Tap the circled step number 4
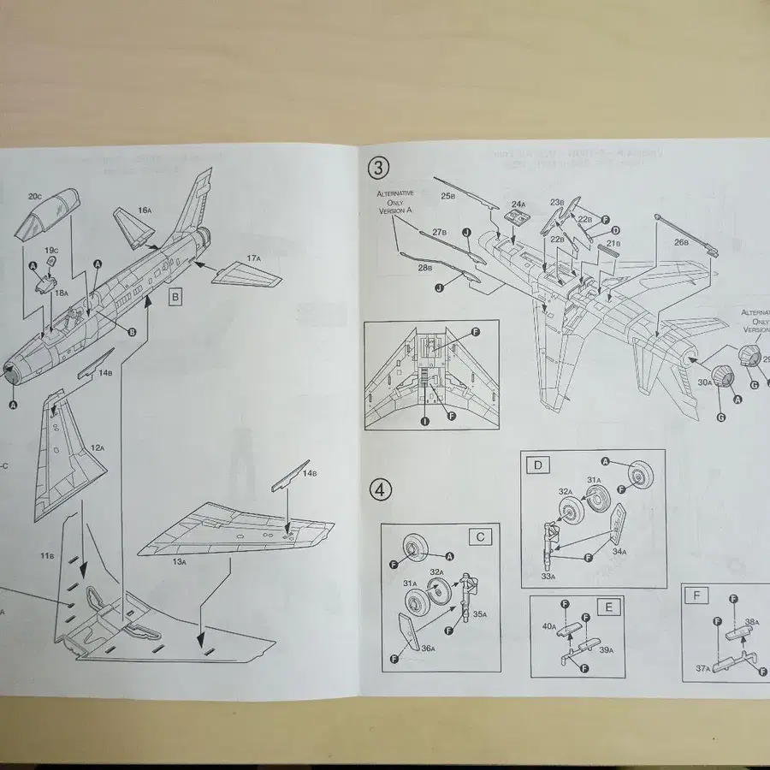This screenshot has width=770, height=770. (x=382, y=489)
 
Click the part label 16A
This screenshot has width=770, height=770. (x=144, y=210)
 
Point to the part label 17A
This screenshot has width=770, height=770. (x=253, y=258)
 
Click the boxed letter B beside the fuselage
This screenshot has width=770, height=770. (x=175, y=297)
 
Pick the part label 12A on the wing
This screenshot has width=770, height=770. (x=97, y=447)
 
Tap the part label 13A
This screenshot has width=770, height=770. (x=178, y=561)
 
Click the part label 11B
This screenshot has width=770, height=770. (x=47, y=556)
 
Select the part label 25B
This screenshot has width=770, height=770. (x=447, y=196)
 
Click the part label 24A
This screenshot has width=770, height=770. (x=518, y=204)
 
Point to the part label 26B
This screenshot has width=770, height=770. (x=680, y=242)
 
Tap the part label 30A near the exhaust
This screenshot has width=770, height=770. (x=703, y=383)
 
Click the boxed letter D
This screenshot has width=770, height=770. (x=538, y=466)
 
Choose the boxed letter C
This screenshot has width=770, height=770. (x=481, y=536)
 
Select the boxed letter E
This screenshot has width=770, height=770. (x=609, y=607)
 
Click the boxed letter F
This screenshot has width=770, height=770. (x=697, y=594)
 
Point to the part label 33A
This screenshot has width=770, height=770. (x=548, y=577)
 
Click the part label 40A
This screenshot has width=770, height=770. (x=548, y=626)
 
